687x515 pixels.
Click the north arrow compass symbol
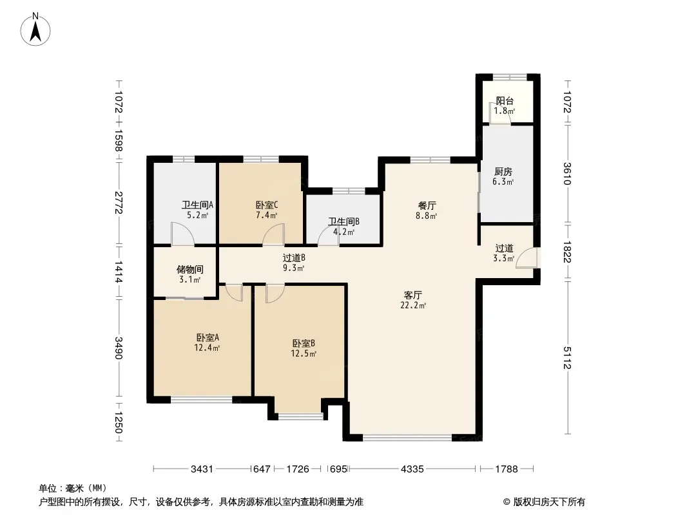pos(35,29)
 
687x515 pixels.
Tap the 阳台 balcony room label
pos(505,100)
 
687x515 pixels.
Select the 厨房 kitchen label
pos(503,171)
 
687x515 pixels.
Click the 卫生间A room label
pos(198,205)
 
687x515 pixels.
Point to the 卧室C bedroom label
pos(267,205)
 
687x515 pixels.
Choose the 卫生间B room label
pos(344,222)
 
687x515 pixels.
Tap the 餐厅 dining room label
pos(427,205)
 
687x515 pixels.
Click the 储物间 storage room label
pos(190,270)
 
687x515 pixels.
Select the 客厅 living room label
pos(413,295)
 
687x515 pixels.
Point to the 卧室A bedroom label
pos(208,338)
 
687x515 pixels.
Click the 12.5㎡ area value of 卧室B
pos(304,353)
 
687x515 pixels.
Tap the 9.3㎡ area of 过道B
pos(293,268)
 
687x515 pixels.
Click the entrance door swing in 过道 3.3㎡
pos(527,257)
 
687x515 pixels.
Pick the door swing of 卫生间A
pos(182,234)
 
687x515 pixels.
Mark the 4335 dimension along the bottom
pos(412,469)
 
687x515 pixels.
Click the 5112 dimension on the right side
pos(567,357)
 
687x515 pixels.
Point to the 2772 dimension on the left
pos(119,203)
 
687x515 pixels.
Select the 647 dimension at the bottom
pos(262,469)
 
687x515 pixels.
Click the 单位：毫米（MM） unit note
pos(73,489)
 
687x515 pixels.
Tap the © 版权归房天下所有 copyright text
pos(544,502)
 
